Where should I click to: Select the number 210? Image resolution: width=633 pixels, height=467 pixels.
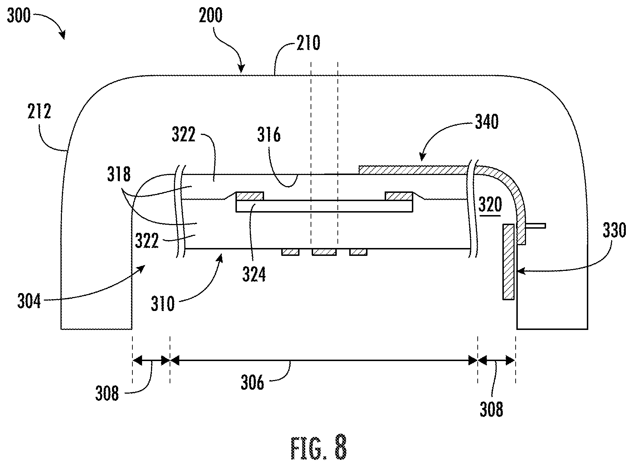(x=308, y=43)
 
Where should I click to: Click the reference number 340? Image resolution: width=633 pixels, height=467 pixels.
(x=487, y=122)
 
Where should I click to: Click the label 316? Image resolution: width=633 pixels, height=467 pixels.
(x=269, y=135)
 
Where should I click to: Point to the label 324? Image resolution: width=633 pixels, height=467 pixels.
(x=254, y=275)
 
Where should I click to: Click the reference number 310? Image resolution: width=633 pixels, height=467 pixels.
(x=163, y=304)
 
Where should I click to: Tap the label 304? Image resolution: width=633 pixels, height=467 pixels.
(x=29, y=301)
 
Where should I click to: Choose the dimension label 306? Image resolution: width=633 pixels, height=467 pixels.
(x=253, y=383)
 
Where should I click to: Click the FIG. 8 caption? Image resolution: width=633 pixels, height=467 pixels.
(x=318, y=447)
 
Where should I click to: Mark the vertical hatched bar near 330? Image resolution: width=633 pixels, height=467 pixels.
(x=508, y=262)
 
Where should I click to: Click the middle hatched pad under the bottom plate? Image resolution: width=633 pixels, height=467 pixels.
(x=324, y=252)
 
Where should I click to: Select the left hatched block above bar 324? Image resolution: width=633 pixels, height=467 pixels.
(x=250, y=196)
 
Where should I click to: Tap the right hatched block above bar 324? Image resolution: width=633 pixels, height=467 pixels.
(x=399, y=196)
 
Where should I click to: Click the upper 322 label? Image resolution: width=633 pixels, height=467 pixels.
(x=184, y=135)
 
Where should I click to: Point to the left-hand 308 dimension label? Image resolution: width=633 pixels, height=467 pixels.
(x=107, y=394)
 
